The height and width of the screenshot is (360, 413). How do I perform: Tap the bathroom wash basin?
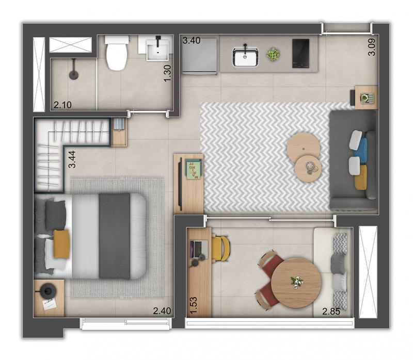157,51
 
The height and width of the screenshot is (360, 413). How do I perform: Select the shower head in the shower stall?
74,74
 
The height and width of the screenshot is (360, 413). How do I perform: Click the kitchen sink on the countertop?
245,57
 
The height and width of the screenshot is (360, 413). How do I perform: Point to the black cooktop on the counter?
300,54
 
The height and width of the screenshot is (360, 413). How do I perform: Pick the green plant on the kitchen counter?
273,55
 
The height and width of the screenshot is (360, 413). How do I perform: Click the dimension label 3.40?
192,41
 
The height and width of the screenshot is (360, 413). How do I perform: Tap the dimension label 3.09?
372,47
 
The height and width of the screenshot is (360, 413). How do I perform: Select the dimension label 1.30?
167,73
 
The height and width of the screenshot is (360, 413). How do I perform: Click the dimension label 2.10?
62,105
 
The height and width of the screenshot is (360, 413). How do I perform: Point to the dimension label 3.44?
72,159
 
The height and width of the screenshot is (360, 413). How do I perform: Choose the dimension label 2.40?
162,311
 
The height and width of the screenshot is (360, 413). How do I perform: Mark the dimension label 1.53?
194,305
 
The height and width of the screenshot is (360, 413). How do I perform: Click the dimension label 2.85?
331,312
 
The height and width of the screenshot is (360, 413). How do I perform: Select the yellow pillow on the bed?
61,243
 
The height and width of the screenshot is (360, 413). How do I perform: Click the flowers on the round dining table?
297,282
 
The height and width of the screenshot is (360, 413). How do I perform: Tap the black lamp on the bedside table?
47,290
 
